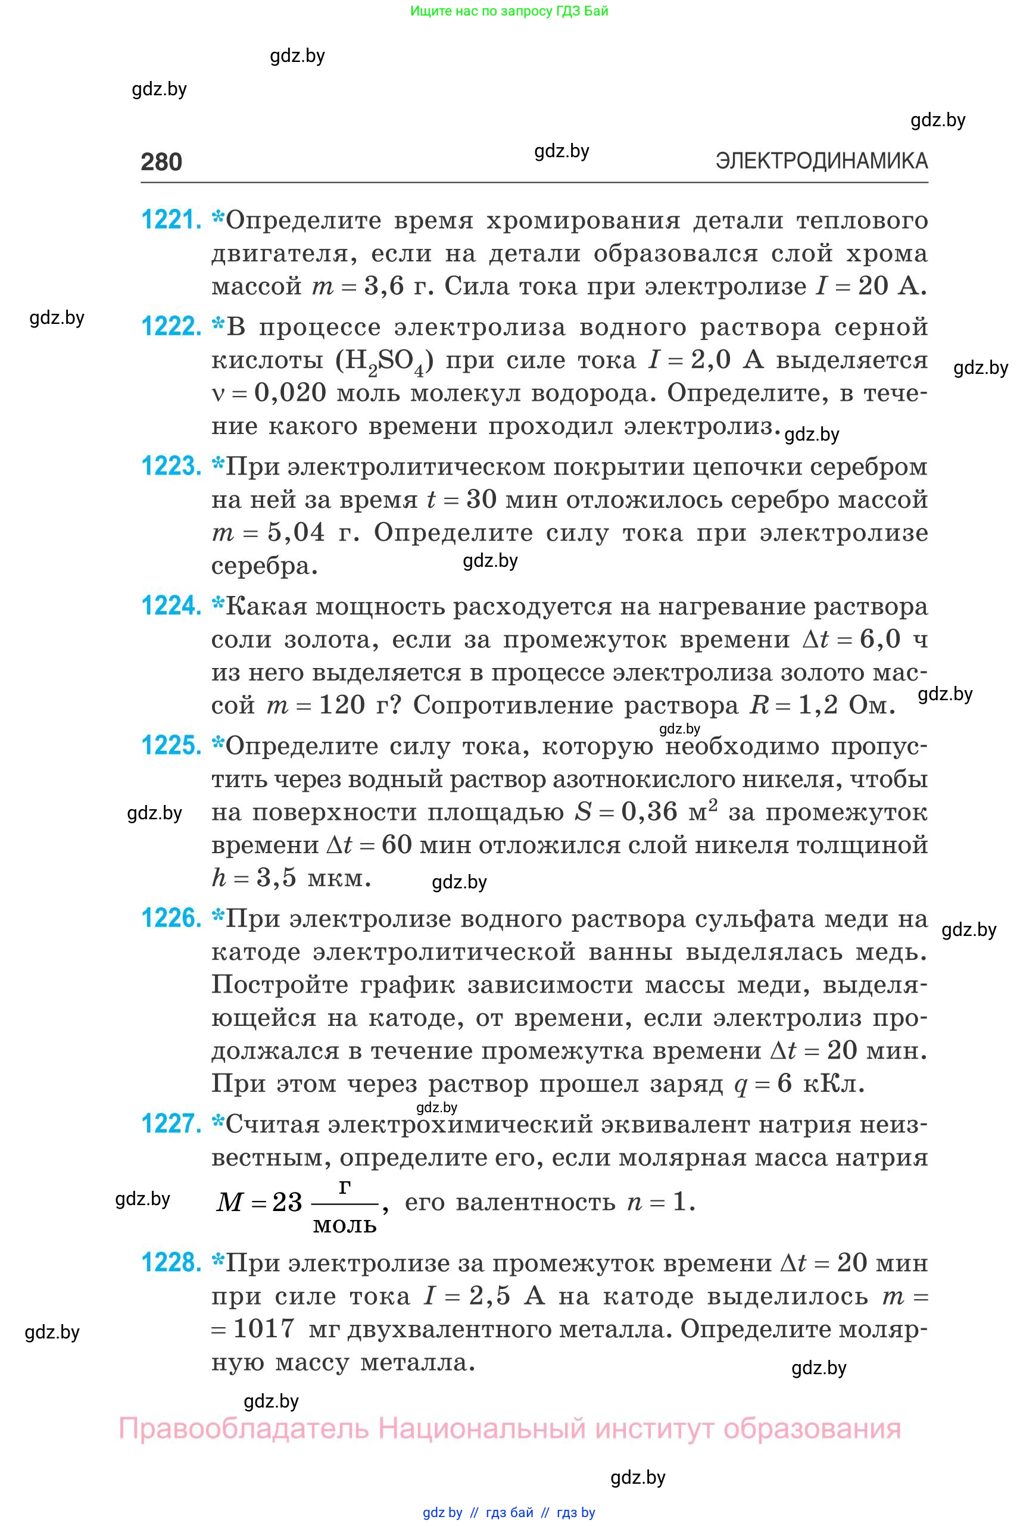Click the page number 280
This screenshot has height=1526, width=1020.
tap(161, 161)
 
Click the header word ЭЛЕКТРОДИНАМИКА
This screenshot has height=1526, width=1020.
tap(821, 161)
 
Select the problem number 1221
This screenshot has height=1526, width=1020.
tap(171, 220)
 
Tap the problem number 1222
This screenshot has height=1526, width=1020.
tap(171, 326)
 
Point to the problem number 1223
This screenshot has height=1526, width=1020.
tap(171, 466)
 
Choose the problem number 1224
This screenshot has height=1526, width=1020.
tap(171, 606)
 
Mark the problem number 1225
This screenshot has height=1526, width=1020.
tap(171, 746)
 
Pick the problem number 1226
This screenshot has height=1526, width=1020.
tap(171, 919)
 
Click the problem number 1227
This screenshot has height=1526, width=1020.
tap(171, 1124)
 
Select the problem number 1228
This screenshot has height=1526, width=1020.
tap(171, 1263)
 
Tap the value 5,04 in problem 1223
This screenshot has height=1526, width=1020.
tap(296, 533)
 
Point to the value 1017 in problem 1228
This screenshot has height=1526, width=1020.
tap(263, 1328)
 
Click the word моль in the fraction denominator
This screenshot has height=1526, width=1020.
tap(345, 1225)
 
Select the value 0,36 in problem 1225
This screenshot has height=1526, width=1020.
tap(649, 812)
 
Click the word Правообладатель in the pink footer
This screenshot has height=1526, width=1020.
tap(244, 1428)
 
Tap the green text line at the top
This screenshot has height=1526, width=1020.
tap(509, 11)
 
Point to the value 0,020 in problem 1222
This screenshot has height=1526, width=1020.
tap(289, 393)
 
